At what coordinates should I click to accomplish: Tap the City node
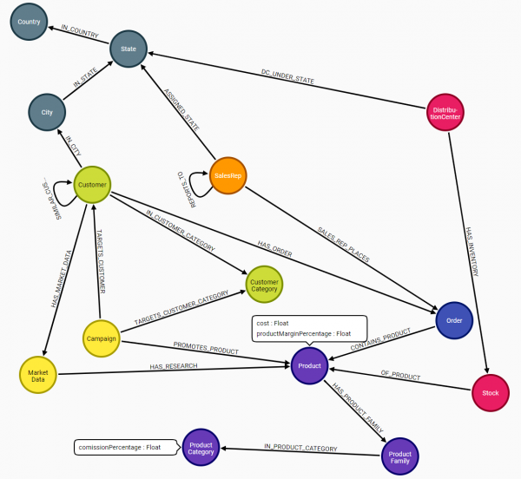(x=47, y=112)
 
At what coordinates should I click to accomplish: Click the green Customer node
(x=92, y=185)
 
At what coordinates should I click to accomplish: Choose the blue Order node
(x=454, y=320)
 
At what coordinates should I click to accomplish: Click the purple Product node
(x=309, y=365)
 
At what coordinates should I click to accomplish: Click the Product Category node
(x=201, y=447)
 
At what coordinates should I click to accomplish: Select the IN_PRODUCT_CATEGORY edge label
(x=300, y=447)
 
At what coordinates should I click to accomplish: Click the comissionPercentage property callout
(x=119, y=448)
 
